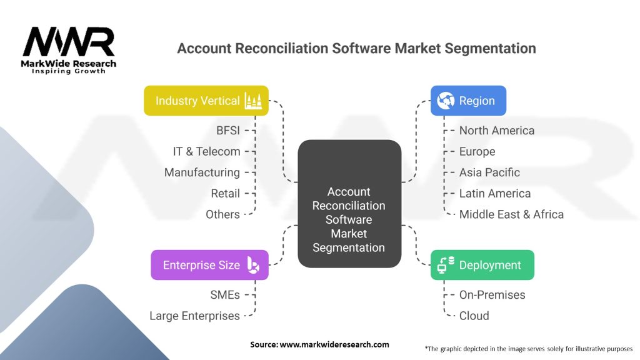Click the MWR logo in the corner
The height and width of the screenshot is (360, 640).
[x=69, y=50]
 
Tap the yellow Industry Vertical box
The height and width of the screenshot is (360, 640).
[x=206, y=101]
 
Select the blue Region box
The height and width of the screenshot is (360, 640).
[x=468, y=101]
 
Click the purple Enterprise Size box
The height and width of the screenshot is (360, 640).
[x=209, y=265]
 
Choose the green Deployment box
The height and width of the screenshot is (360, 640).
[x=482, y=265]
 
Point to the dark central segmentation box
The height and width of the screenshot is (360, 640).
[x=349, y=204]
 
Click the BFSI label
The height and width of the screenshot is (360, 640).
[x=228, y=130]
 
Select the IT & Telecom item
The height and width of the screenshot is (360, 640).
[x=206, y=151]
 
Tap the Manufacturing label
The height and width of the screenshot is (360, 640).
[x=202, y=172]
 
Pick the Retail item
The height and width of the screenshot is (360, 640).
[x=225, y=194]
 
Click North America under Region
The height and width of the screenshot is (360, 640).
[x=497, y=130]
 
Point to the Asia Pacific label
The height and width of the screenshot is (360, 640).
[x=489, y=172]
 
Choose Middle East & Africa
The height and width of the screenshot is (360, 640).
[x=511, y=214]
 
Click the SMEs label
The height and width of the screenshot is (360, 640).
[x=225, y=295]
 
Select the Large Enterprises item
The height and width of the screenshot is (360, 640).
[x=195, y=316]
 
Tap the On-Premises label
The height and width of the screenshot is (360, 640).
[x=492, y=295]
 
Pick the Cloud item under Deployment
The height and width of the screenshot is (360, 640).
[x=474, y=316]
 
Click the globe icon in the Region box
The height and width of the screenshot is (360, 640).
[x=446, y=101]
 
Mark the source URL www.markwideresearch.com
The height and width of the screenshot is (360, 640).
[x=334, y=344]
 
